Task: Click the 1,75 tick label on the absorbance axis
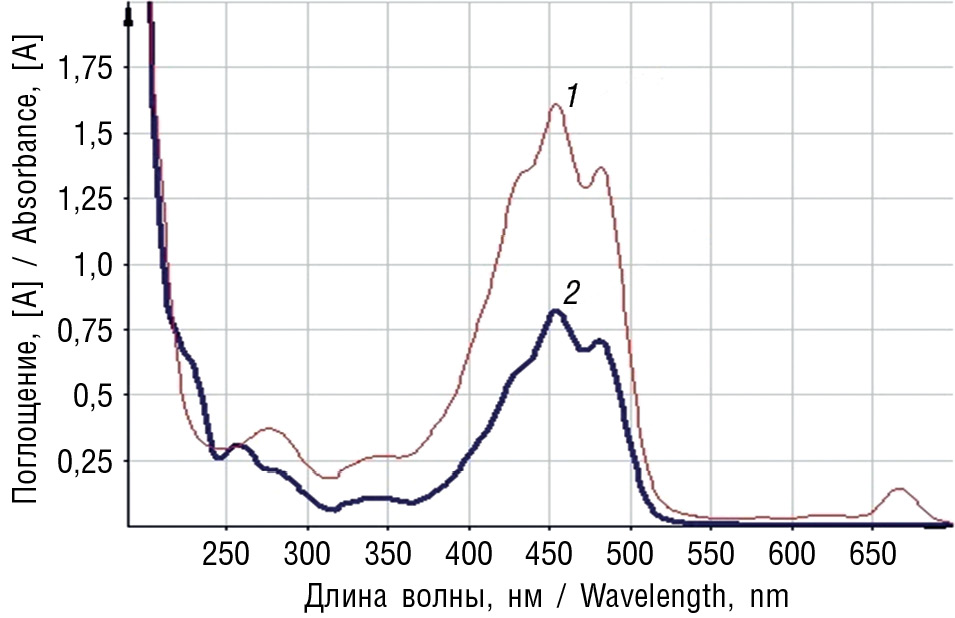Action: click(x=87, y=69)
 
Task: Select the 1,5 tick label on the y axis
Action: click(x=95, y=134)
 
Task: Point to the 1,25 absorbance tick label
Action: click(x=87, y=199)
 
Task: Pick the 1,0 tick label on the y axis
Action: click(x=95, y=265)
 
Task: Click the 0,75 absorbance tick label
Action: click(x=87, y=330)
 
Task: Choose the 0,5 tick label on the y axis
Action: click(x=95, y=396)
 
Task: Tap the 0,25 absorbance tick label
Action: click(x=87, y=461)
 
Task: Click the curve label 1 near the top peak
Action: click(x=572, y=97)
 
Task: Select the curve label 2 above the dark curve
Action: click(x=571, y=293)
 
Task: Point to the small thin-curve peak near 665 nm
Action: click(x=898, y=489)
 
